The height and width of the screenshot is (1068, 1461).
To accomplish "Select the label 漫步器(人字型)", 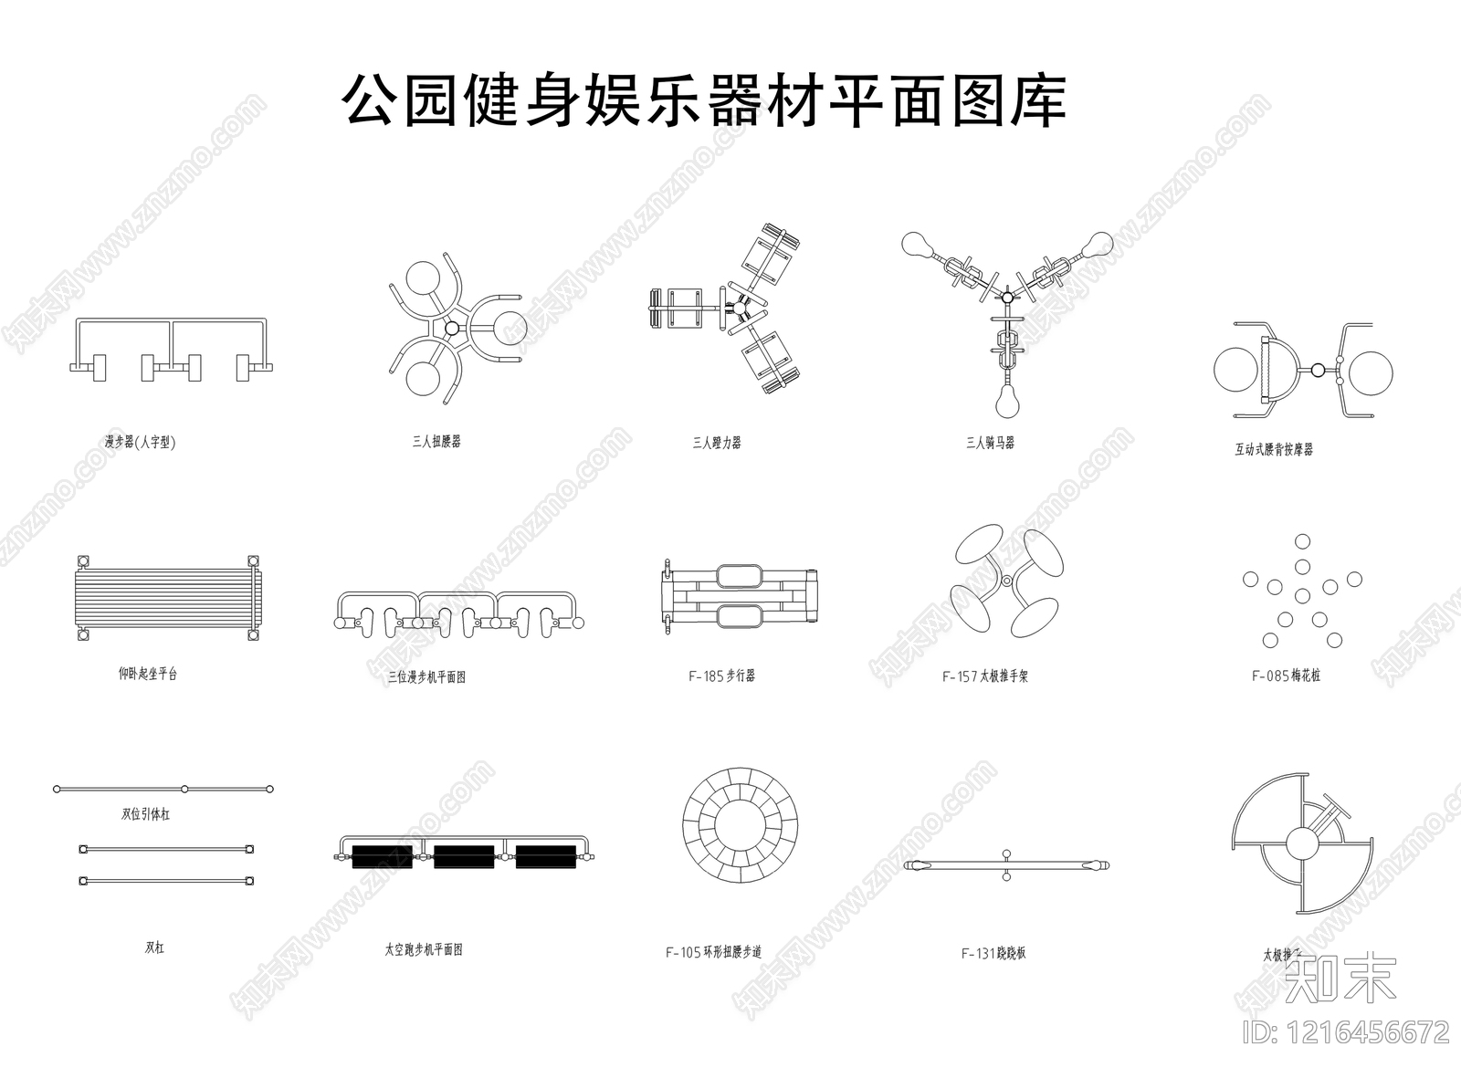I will [x=140, y=443].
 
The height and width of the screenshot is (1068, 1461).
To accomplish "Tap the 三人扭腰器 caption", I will [x=436, y=442].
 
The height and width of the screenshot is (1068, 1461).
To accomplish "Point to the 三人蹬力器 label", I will [x=717, y=443].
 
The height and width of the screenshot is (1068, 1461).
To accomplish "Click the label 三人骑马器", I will [x=991, y=443].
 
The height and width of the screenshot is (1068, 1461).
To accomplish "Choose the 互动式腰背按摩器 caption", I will [x=1274, y=449].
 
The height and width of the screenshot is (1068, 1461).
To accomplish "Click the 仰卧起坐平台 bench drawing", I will [x=164, y=598].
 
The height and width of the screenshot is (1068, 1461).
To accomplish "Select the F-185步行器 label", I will [x=721, y=676].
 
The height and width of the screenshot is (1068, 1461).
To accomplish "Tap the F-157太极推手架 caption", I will [x=985, y=677].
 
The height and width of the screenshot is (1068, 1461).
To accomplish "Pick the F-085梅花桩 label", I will [x=1286, y=676].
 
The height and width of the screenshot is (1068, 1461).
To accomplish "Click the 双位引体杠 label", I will [x=146, y=814].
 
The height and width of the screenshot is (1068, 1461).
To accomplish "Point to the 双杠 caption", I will [x=155, y=948].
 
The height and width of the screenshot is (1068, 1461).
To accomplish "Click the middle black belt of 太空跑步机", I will [x=464, y=856].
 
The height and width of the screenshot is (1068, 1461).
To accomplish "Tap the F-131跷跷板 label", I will [x=993, y=954].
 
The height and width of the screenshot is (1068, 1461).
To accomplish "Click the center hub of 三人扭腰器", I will [x=451, y=328].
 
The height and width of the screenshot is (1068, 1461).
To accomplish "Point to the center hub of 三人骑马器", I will [x=1007, y=297].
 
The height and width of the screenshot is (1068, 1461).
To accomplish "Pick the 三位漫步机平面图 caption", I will [x=427, y=677].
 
